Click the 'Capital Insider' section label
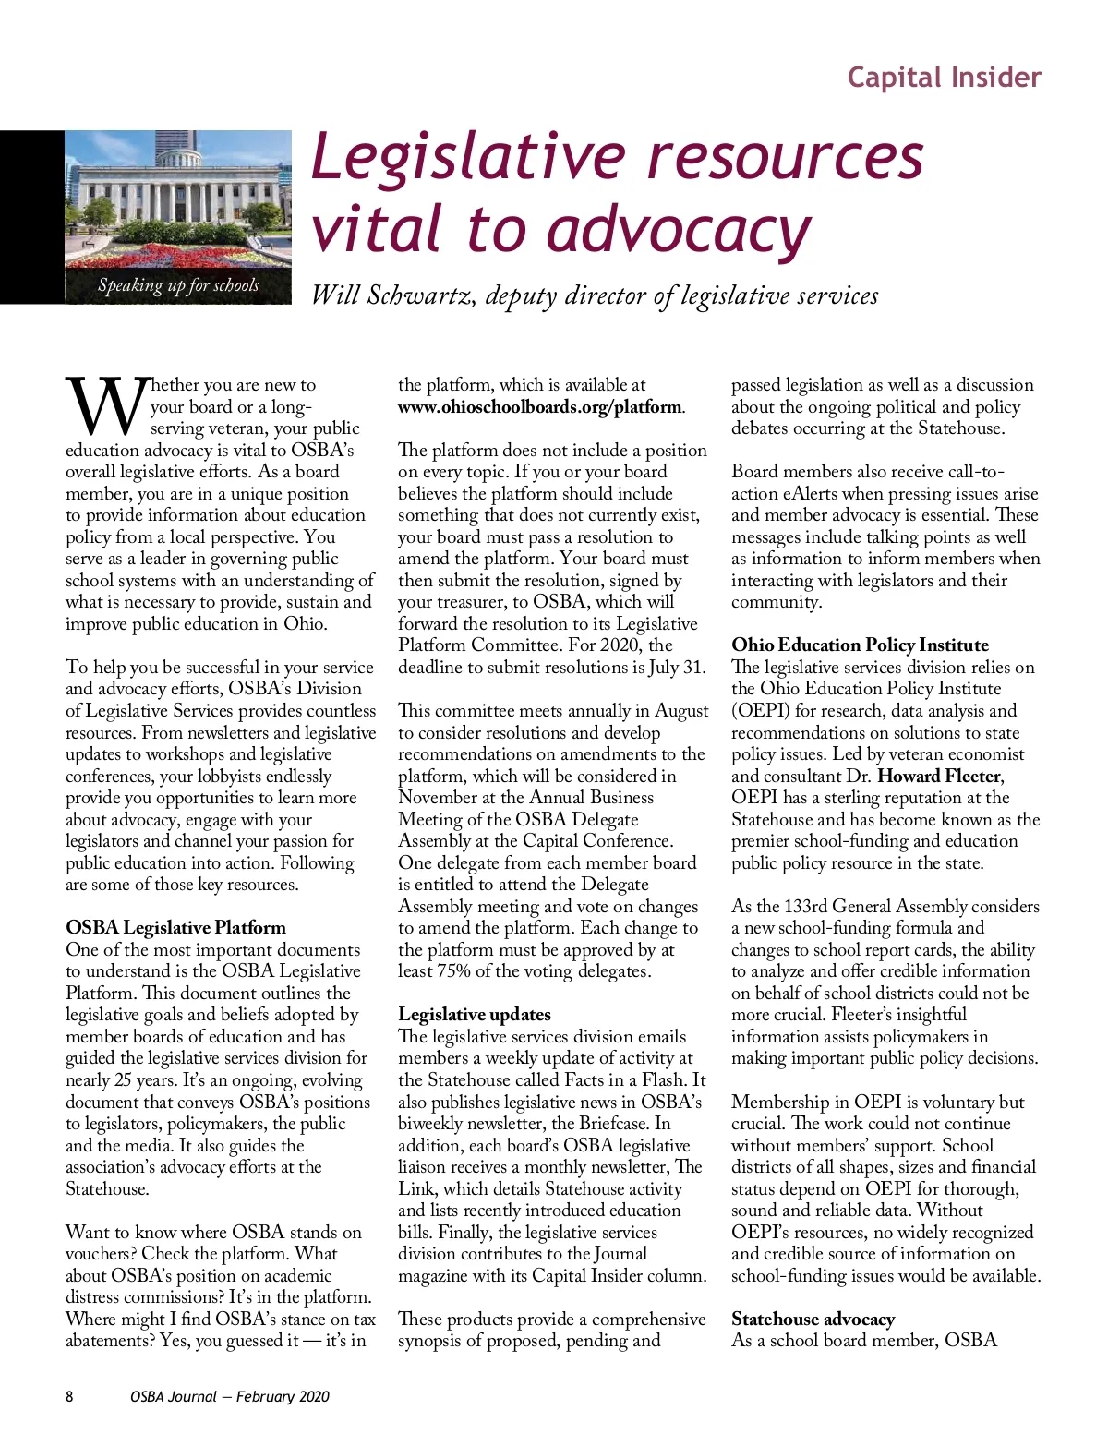944,77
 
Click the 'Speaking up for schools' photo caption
178,285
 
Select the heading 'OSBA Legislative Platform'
175,927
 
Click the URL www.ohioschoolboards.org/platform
540,406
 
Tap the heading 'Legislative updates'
474,1014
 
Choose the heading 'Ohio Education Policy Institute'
860,645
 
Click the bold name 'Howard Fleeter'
939,776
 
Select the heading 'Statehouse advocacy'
813,1319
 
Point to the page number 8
69,1396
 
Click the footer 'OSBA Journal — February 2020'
229,1396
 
